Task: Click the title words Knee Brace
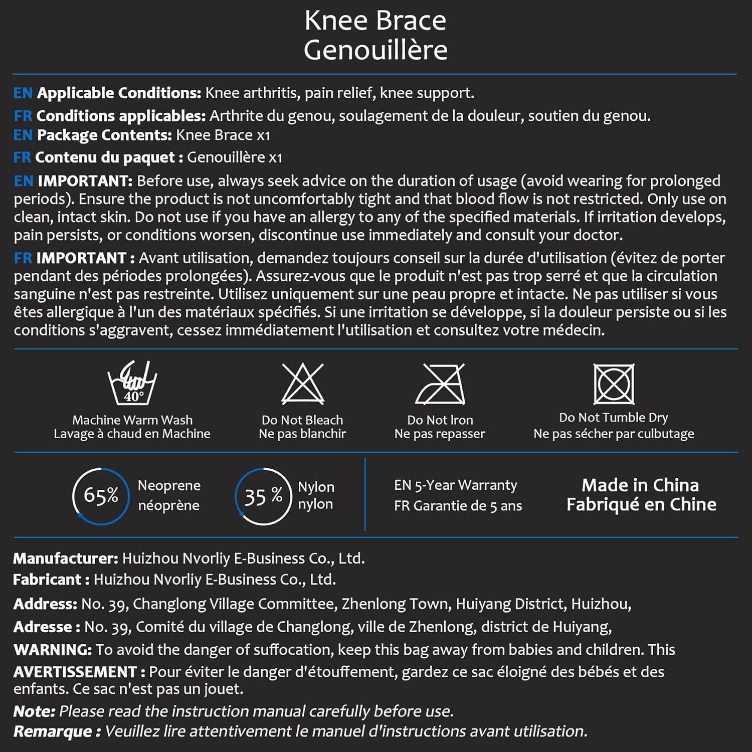click(375, 21)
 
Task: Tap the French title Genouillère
click(375, 50)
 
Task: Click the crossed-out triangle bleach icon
click(302, 384)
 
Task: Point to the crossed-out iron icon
click(440, 384)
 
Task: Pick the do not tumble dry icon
click(614, 384)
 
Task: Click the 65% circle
click(101, 496)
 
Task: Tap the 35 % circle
click(263, 496)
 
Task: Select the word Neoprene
click(169, 485)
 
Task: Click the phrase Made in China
click(640, 485)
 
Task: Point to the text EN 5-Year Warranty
click(455, 485)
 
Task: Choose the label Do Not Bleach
click(302, 420)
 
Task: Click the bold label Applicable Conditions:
click(119, 93)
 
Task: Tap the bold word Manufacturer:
click(66, 558)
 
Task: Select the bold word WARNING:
click(53, 650)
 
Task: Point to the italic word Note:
click(34, 711)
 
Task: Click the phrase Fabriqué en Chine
click(641, 504)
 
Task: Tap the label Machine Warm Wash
click(132, 420)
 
